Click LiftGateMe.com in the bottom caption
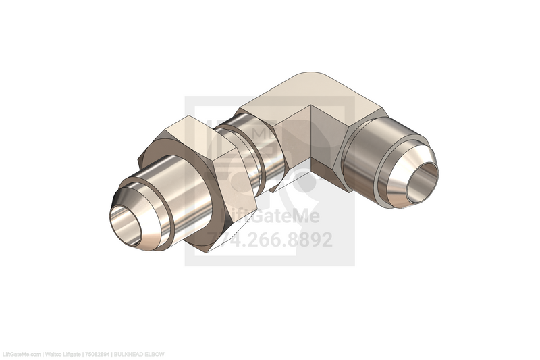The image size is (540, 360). (x=21, y=355)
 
